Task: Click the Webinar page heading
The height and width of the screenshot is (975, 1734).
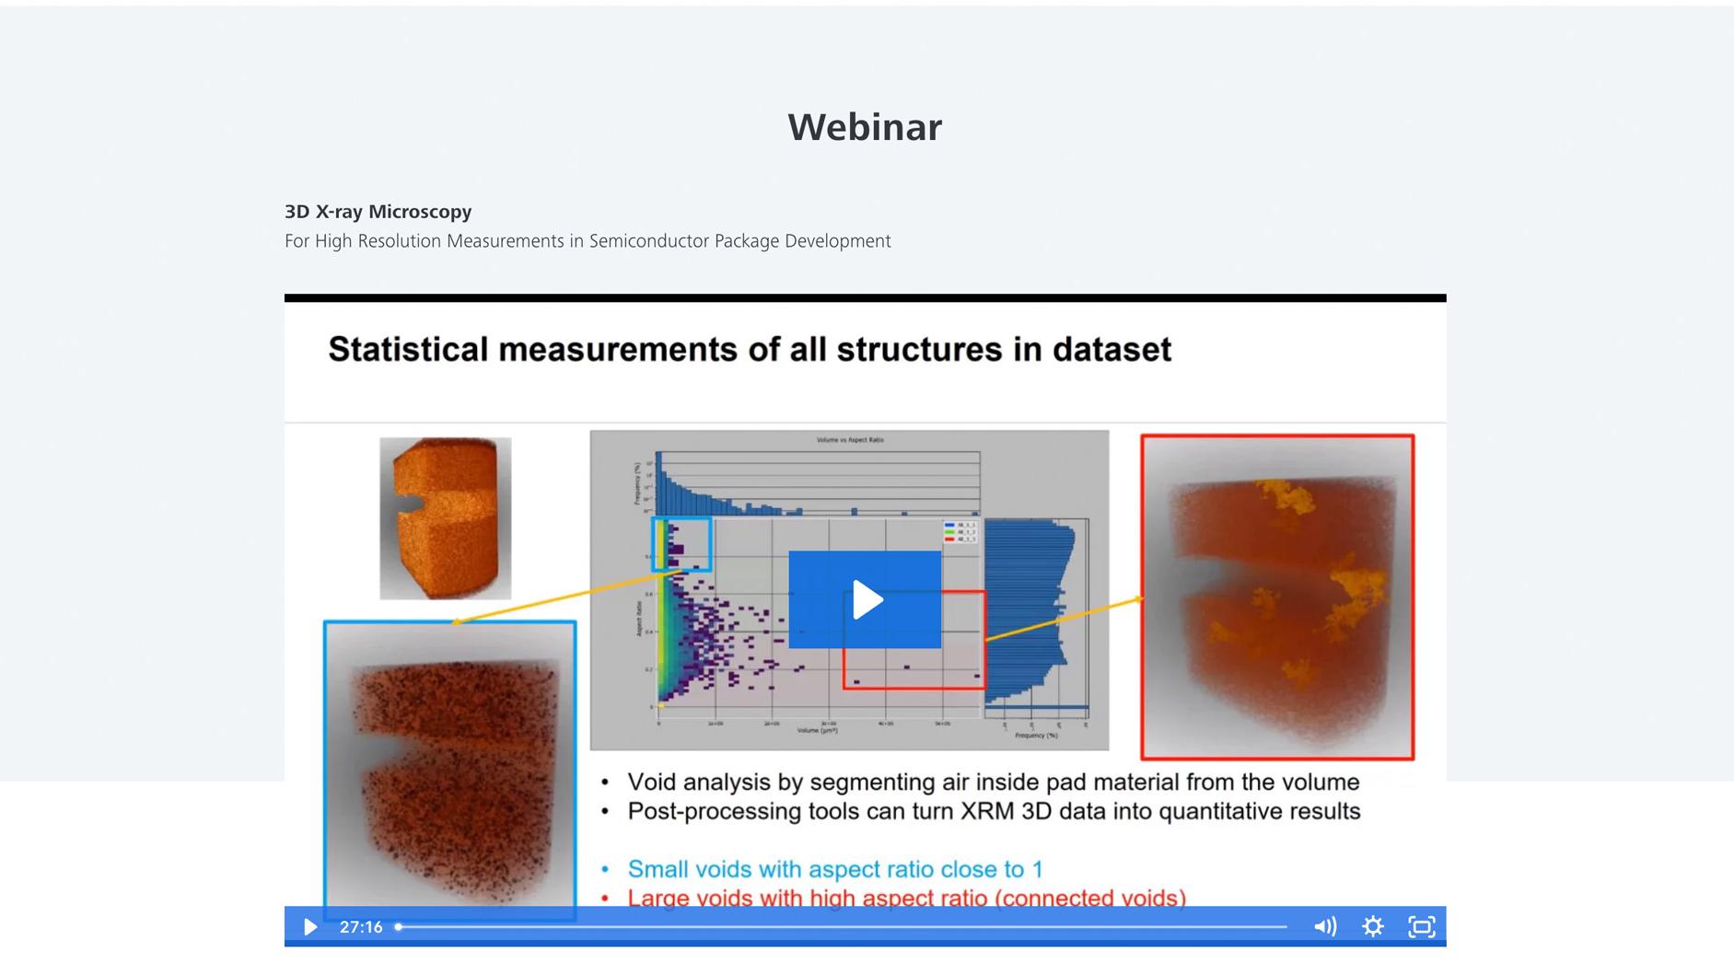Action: tap(864, 127)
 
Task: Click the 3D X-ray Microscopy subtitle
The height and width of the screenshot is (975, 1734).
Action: tap(378, 212)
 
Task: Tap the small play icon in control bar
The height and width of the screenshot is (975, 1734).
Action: tap(310, 927)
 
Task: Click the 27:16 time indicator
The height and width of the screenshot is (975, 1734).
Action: tap(361, 927)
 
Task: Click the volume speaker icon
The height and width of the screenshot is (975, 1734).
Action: tap(1324, 927)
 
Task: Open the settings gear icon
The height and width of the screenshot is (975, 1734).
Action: tap(1372, 927)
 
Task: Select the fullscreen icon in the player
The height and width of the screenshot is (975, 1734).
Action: tap(1421, 927)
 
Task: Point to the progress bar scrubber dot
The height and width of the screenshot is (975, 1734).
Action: tap(399, 927)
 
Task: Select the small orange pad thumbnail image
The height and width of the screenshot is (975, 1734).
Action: tap(445, 518)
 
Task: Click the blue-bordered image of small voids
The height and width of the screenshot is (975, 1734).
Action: tap(450, 769)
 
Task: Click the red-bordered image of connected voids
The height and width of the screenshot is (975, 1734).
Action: tap(1277, 598)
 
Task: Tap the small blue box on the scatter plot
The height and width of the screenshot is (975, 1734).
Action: tap(681, 544)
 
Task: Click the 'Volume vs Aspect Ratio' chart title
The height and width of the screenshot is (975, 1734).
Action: tap(849, 440)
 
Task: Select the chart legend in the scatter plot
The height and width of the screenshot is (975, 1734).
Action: tap(960, 532)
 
